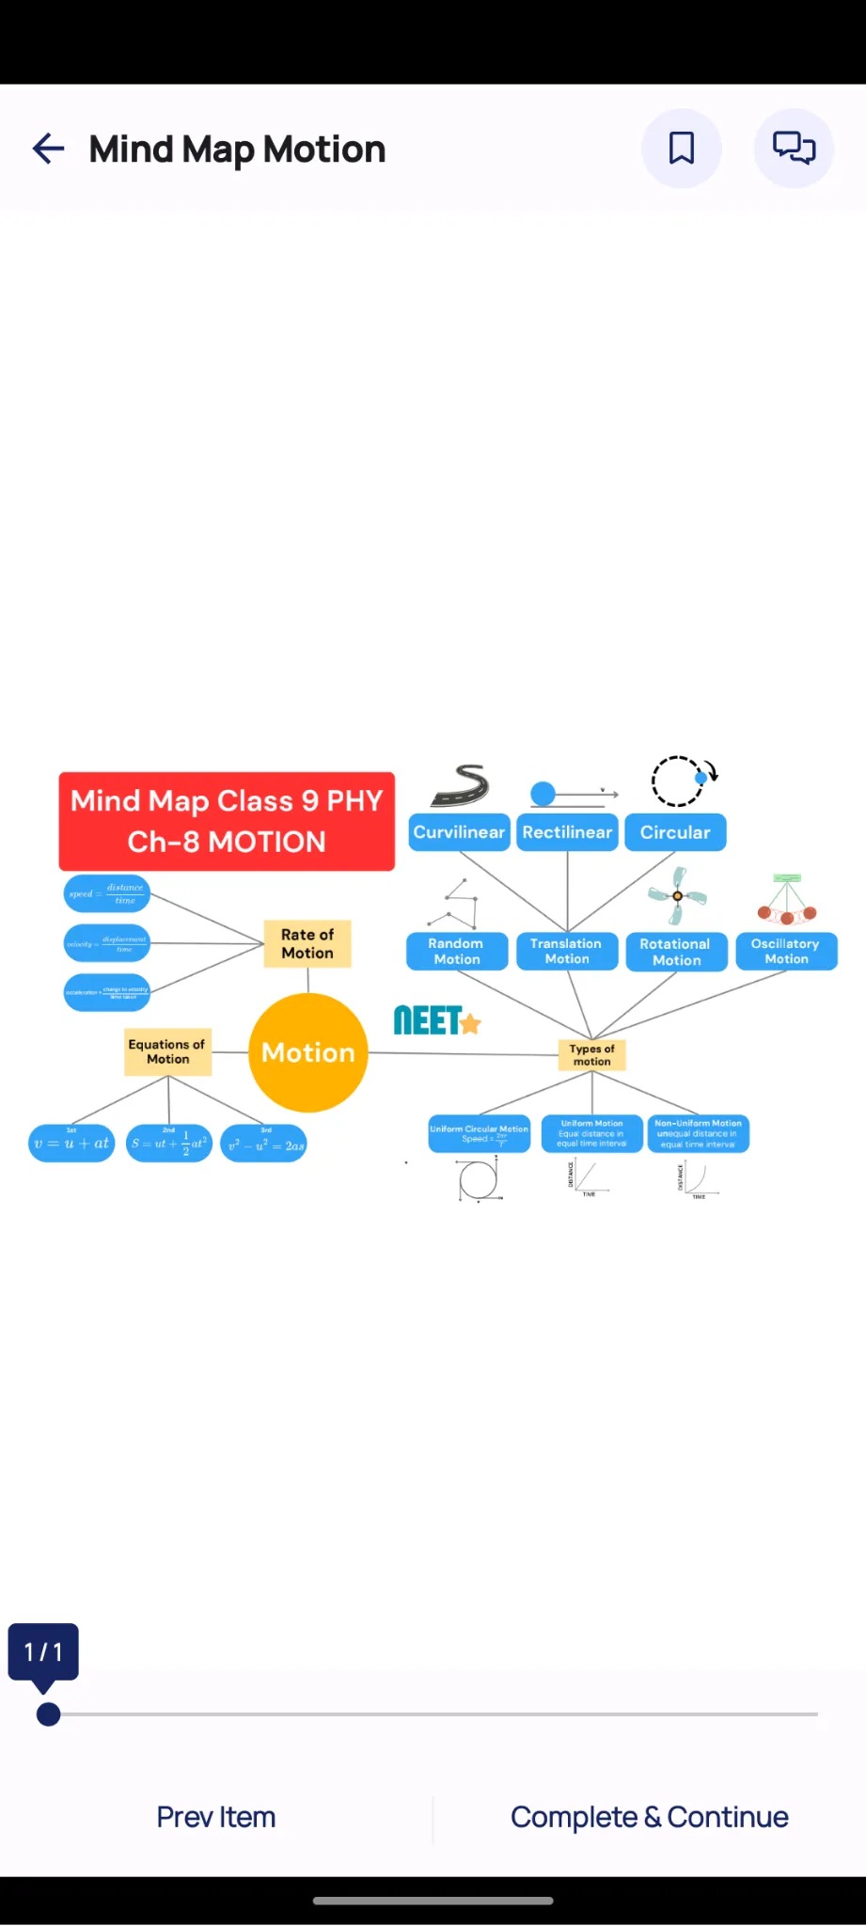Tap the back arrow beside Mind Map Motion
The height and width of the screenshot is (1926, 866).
(x=48, y=149)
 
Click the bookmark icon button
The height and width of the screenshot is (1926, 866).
(x=682, y=149)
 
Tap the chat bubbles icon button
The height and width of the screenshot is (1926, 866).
(x=794, y=149)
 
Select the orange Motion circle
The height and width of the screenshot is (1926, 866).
(x=308, y=1052)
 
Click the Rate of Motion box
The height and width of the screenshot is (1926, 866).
(x=307, y=944)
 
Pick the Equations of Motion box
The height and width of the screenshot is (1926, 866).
(x=167, y=1051)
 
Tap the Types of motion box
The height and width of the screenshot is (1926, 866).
(x=591, y=1055)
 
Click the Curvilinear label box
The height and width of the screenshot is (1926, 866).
(x=460, y=832)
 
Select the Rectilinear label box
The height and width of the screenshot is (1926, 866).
(x=568, y=832)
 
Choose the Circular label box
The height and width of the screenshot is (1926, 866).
(x=675, y=832)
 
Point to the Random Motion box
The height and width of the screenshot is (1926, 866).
(x=457, y=951)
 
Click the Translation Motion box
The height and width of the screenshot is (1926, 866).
(x=567, y=951)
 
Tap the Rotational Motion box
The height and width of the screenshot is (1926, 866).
(x=676, y=952)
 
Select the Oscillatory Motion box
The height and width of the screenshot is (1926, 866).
(x=786, y=951)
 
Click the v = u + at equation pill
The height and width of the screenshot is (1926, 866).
(x=71, y=1144)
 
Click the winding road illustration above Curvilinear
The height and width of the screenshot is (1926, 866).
(x=461, y=785)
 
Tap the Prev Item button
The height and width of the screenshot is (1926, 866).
(x=216, y=1817)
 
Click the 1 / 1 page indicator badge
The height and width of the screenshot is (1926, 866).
(x=43, y=1651)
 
